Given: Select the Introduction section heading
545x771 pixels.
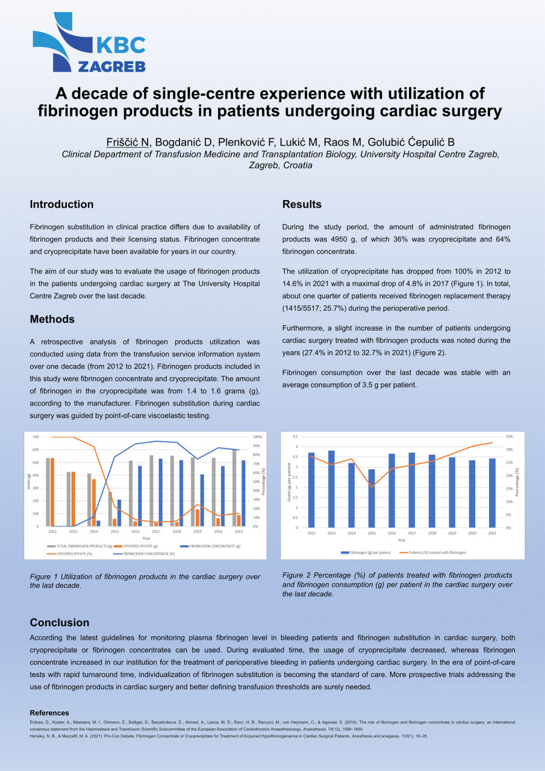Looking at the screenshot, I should point(61,204).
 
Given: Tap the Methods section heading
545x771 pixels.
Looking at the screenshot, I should point(52,319).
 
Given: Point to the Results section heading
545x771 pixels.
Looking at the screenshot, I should point(302,204).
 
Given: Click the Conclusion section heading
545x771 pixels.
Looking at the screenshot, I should point(60,623).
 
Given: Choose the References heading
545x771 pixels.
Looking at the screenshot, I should point(49,713).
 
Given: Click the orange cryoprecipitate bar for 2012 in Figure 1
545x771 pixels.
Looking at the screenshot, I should point(53,492).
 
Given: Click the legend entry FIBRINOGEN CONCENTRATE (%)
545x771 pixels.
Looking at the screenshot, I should point(148,554).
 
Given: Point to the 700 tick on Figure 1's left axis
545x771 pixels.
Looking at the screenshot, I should point(36,437).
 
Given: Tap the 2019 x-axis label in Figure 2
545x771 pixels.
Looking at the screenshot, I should point(452,533).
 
